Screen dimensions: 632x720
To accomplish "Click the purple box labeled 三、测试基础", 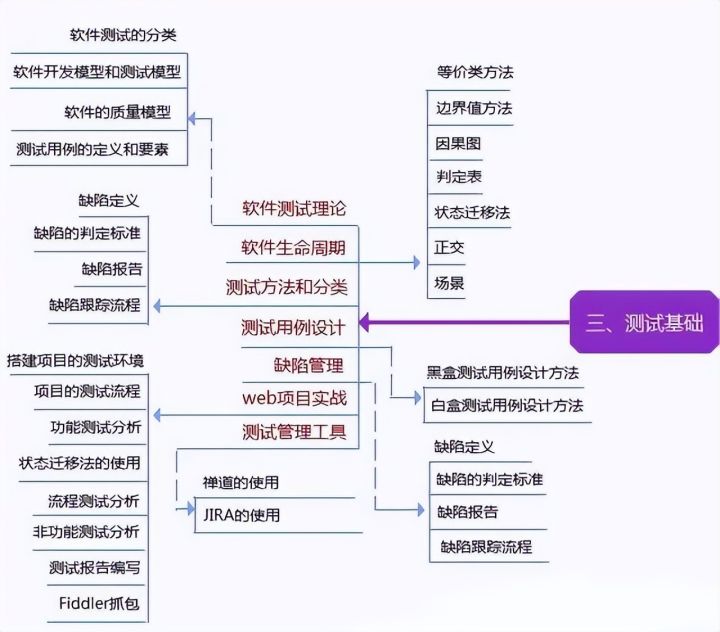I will coord(645,322).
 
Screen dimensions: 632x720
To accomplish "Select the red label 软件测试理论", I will coord(293,209).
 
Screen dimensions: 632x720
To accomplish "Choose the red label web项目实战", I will coord(293,397).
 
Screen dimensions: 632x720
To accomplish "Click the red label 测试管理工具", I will coord(293,433).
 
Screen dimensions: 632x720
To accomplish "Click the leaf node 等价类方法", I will coord(475,72).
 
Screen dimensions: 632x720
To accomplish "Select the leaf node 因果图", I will coord(459,143).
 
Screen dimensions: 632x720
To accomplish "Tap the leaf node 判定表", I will coord(459,178).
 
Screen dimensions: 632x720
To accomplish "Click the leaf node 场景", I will coord(449,283).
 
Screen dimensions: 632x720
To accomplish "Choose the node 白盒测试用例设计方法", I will coord(506,405).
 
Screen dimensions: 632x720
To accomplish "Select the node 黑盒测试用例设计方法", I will coord(503,373).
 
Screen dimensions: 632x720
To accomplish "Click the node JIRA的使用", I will coord(240,516).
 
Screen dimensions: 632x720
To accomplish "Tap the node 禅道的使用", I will coord(240,482).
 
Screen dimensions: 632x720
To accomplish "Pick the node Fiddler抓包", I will coord(100,603).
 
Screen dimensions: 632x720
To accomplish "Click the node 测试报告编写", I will coord(94,568).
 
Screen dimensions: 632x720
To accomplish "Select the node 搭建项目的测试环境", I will coord(80,359).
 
